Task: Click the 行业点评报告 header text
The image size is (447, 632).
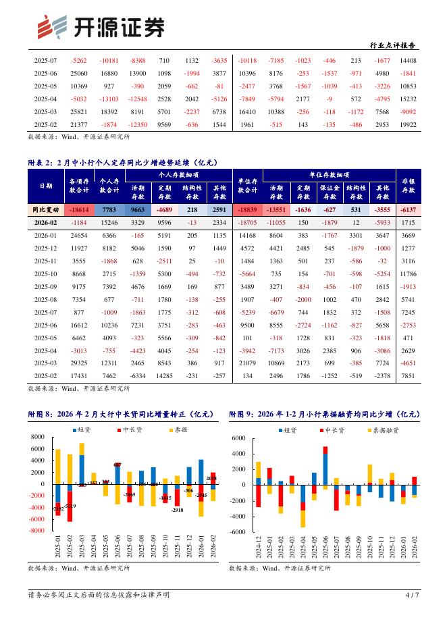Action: click(393, 45)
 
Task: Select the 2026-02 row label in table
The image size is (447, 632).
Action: click(46, 222)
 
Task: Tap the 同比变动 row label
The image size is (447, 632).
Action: click(46, 211)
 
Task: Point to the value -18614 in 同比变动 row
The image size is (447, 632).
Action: click(78, 211)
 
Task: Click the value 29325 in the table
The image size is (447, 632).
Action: click(78, 363)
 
